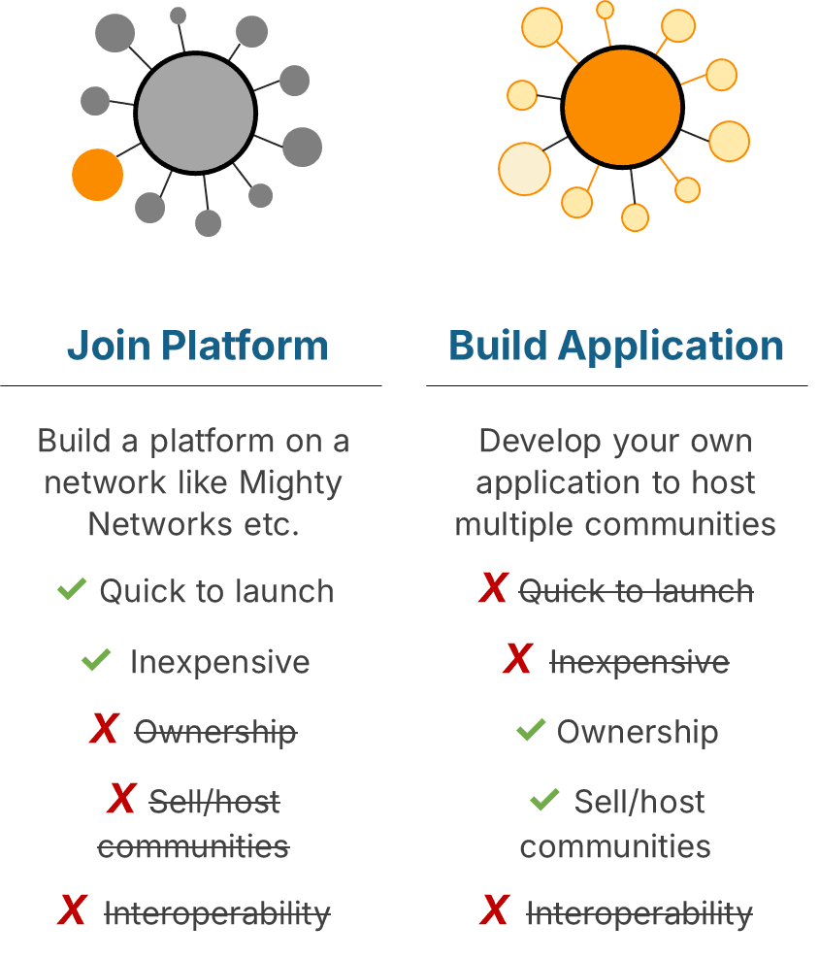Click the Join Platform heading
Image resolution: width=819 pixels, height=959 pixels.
(x=198, y=346)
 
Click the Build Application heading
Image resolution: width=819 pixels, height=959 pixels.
(x=616, y=347)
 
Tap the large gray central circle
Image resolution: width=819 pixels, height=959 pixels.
(x=196, y=114)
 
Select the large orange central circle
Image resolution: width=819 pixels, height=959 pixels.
(x=623, y=107)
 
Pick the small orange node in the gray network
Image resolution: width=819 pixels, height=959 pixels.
(x=97, y=175)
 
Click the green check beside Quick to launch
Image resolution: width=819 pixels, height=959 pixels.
(x=72, y=589)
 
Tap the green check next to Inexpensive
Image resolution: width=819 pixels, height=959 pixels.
(x=96, y=659)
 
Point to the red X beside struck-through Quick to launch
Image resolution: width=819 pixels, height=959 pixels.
(x=494, y=588)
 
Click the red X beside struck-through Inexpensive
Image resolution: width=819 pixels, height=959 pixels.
(x=518, y=658)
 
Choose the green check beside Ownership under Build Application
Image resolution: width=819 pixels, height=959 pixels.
(x=531, y=729)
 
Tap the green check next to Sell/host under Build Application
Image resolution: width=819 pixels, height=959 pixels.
(x=544, y=800)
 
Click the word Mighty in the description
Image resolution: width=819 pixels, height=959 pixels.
(x=290, y=482)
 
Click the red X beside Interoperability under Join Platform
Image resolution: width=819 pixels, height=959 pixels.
(x=72, y=909)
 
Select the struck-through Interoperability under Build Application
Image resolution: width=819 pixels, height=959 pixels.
(x=639, y=914)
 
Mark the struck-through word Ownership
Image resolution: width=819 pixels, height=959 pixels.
(x=216, y=732)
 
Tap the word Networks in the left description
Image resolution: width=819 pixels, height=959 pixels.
(x=160, y=524)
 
